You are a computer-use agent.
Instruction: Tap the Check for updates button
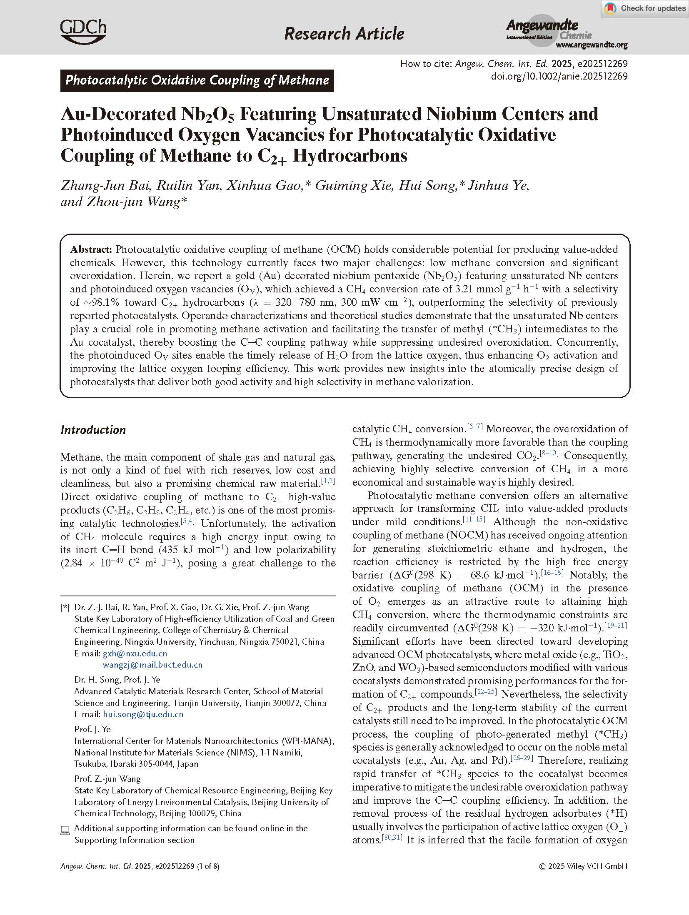point(645,8)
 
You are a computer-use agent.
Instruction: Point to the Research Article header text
point(344,33)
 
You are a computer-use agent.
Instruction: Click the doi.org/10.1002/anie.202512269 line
point(559,76)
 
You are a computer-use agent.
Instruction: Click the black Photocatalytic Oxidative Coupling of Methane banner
point(197,80)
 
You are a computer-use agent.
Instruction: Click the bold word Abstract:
point(91,249)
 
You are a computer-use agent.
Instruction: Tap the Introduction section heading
point(93,430)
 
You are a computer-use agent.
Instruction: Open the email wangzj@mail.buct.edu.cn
point(152,665)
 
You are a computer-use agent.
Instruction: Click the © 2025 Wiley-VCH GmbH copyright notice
point(583,866)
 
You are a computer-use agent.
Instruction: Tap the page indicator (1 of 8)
point(209,866)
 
